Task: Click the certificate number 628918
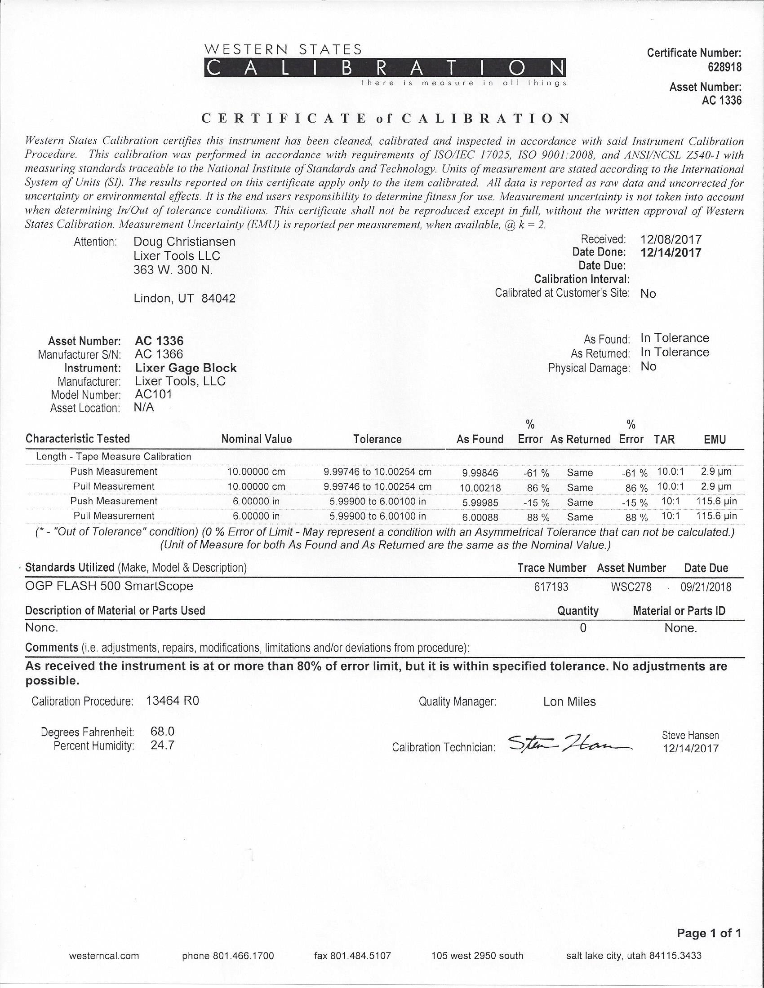point(724,67)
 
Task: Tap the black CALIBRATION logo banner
point(385,68)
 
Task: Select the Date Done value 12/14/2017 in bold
point(671,252)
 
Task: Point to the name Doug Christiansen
point(185,242)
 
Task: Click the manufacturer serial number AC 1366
point(159,354)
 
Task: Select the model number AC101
point(153,394)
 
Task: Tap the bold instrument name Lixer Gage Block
point(186,368)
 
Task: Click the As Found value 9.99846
point(480,473)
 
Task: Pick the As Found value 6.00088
point(480,517)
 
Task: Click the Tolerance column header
point(377,439)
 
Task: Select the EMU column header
point(715,439)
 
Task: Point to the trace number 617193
point(551,587)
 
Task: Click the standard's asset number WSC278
point(631,587)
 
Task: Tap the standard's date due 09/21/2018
point(706,587)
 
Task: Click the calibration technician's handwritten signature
point(568,743)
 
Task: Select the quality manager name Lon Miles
point(569,701)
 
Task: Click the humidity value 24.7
point(163,745)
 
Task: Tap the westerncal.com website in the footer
point(104,956)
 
